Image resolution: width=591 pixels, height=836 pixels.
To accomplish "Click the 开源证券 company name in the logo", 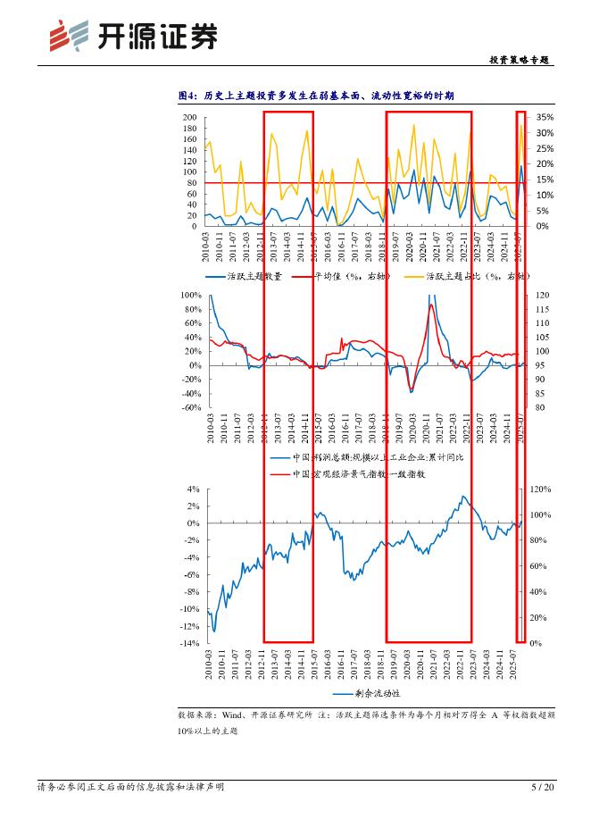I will tap(156, 37).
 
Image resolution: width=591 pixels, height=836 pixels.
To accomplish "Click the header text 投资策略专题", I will tap(520, 60).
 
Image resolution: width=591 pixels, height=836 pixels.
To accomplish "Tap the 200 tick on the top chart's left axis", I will tap(190, 118).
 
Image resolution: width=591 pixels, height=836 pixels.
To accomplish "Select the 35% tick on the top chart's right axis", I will tap(545, 117).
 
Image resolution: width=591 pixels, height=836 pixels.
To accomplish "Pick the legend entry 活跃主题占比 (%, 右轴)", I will tap(476, 277).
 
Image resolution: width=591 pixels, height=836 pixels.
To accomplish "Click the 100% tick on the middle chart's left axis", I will tap(191, 295).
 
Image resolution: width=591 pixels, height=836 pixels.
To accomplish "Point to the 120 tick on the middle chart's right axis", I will tap(541, 295).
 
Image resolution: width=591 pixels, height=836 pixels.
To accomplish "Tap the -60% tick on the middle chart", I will tap(191, 407).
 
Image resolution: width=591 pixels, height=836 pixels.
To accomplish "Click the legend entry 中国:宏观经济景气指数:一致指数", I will tap(358, 474).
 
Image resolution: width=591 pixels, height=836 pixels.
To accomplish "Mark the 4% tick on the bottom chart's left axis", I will tap(193, 489).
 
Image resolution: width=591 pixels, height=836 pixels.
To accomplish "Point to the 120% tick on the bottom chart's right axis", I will tap(542, 489).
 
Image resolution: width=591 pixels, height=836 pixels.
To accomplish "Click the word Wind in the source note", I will tap(234, 715).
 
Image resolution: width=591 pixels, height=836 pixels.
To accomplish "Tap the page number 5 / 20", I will tap(542, 787).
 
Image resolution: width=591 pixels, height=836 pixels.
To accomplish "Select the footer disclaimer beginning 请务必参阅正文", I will tap(130, 787).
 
